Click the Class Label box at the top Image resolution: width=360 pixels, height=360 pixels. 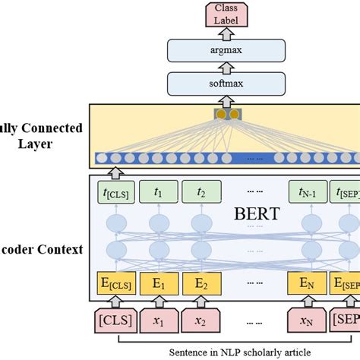point(225,13)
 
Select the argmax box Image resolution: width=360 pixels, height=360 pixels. point(225,51)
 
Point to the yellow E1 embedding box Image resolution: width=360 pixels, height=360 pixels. point(159,285)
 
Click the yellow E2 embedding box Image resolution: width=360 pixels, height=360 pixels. point(200,285)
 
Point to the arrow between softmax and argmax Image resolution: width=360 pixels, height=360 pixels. point(225,68)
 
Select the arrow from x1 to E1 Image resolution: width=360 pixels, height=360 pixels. point(159,304)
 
